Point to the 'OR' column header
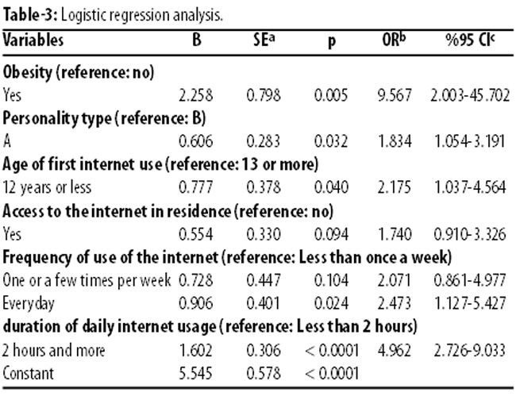point(396,40)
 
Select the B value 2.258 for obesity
point(196,94)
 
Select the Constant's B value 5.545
point(196,371)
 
